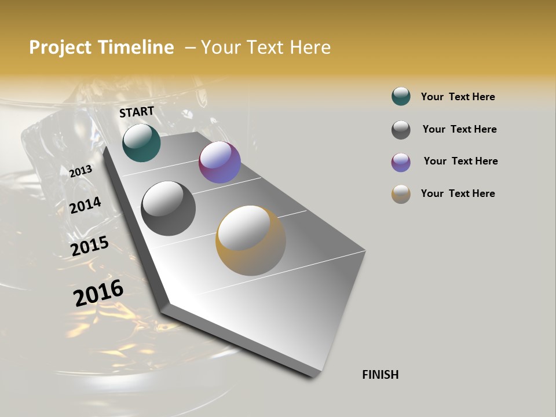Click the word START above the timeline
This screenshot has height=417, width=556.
137,112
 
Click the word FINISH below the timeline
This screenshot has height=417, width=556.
381,375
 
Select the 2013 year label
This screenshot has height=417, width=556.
81,171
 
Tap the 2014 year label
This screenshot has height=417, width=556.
85,206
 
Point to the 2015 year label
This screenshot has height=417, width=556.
90,246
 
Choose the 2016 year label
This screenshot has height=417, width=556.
98,293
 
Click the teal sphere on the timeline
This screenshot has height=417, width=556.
141,142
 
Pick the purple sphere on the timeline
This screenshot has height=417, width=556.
220,162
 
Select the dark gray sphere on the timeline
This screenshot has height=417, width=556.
168,208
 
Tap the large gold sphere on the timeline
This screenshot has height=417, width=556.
250,240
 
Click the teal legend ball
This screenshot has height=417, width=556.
401,97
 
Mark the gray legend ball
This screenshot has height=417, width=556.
401,130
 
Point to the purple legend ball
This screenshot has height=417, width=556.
401,162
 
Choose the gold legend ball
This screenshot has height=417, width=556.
401,194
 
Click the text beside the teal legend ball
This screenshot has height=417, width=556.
458,97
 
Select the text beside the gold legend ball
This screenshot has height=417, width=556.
458,193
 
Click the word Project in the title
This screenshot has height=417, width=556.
60,47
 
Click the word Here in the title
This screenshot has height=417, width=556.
310,47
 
